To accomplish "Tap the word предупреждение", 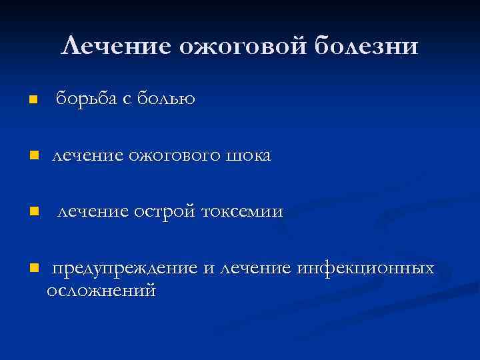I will click(x=125, y=269).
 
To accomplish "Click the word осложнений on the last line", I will click(x=101, y=290).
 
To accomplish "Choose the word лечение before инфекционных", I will click(x=256, y=268).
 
